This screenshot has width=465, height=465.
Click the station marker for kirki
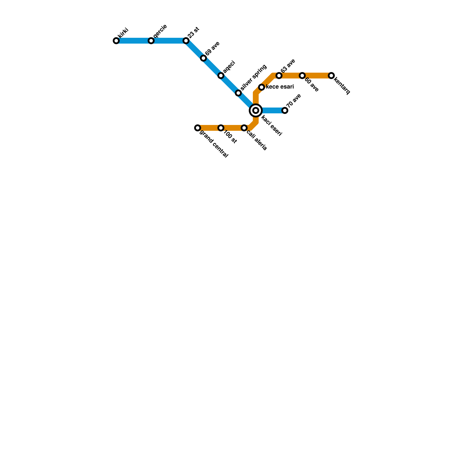(x=116, y=41)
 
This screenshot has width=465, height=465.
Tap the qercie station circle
(x=151, y=41)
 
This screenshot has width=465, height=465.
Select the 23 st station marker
(x=186, y=41)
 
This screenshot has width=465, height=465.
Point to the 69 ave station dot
(x=203, y=58)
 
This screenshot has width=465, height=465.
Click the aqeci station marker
(x=221, y=76)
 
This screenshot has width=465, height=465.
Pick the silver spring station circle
(x=238, y=93)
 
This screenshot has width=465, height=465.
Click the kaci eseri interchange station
(x=256, y=110)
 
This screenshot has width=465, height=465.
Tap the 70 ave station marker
(x=285, y=110)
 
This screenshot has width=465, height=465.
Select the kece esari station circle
(x=262, y=87)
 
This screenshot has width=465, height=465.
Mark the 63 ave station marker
(x=279, y=76)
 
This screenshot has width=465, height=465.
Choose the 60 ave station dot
(x=302, y=76)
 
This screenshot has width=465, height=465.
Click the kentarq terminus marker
(x=331, y=76)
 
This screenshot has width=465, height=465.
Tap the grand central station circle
(x=198, y=128)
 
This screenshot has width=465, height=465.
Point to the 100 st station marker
(x=221, y=128)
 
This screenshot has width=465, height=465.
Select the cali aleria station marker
(x=244, y=128)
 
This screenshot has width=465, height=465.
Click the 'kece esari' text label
(x=280, y=87)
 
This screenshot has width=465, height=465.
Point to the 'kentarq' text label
(x=342, y=86)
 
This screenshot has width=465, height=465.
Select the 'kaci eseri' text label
(x=271, y=126)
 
